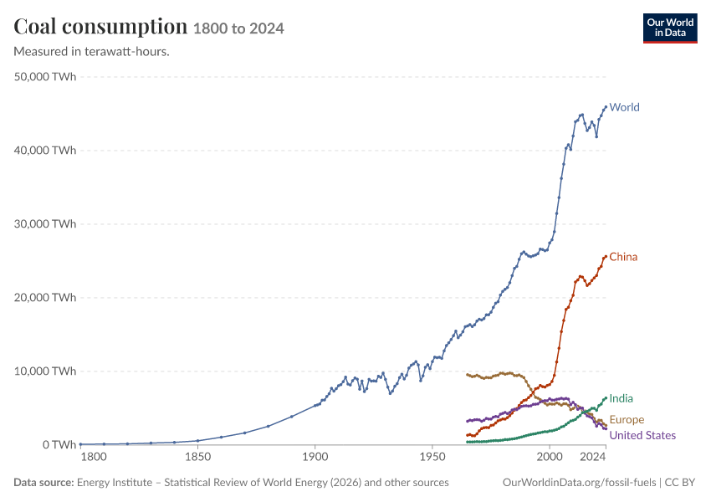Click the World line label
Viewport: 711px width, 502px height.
pos(624,107)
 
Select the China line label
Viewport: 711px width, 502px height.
pos(623,257)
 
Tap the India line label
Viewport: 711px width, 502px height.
pos(621,398)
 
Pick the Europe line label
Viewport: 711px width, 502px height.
pos(627,420)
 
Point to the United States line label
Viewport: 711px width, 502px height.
pos(642,436)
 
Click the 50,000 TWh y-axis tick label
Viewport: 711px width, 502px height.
pos(45,77)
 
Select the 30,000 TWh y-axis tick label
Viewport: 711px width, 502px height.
pos(45,224)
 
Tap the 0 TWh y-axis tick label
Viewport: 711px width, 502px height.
pos(59,445)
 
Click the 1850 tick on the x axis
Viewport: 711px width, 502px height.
pos(197,457)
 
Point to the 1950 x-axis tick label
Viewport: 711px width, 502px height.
pos(432,457)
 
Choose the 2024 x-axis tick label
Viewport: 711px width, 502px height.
pos(593,457)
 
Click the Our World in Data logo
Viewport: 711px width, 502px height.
pos(670,28)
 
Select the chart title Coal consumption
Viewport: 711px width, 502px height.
pos(100,27)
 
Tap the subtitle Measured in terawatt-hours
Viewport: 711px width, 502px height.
pos(92,52)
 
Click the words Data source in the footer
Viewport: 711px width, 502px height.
pos(43,483)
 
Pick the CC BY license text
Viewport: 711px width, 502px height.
pos(680,483)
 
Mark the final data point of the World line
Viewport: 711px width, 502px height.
pos(606,107)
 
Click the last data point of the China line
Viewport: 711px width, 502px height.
pos(606,257)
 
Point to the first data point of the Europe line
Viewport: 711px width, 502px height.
pos(467,375)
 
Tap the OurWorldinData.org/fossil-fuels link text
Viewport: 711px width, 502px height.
pos(579,483)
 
